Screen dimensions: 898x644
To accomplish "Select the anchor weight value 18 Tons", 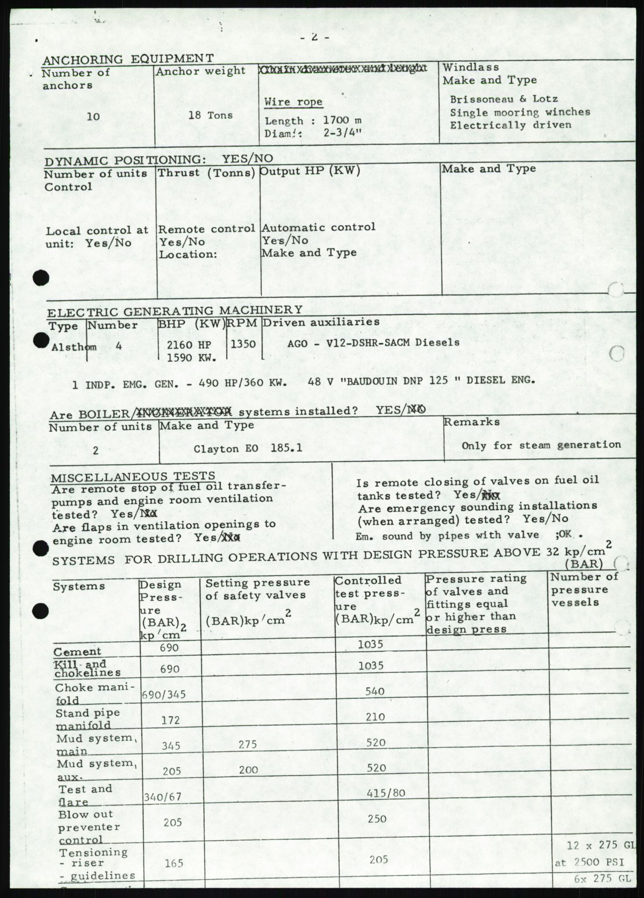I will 211,115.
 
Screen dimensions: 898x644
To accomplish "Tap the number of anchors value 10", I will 93,117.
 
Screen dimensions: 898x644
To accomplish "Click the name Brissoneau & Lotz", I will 504,100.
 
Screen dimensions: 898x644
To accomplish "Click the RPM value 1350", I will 243,344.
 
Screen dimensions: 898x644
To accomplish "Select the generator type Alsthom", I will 68,347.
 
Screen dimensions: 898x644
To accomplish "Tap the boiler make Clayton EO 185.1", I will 248,449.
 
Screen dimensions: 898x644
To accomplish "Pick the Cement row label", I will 78,652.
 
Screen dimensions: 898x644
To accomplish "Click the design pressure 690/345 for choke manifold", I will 164,695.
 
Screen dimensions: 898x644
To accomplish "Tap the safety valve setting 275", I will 248,744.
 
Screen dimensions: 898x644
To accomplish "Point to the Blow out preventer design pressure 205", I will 173,823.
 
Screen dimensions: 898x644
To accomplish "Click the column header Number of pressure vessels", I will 584,590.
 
